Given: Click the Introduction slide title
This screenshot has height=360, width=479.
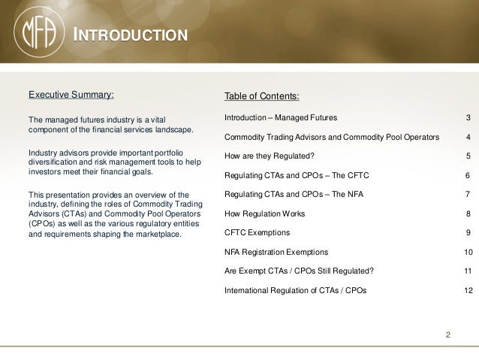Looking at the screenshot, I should (128, 35).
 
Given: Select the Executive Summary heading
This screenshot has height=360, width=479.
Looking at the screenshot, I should (71, 95).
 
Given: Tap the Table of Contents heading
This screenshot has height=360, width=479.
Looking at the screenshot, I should (261, 97).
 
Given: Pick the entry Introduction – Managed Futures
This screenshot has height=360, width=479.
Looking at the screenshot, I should (281, 118).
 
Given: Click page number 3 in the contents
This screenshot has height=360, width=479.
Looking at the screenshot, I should (468, 118).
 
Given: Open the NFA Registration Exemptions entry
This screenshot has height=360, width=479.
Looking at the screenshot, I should (276, 252).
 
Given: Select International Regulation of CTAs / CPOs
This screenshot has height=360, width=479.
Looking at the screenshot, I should (296, 289).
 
